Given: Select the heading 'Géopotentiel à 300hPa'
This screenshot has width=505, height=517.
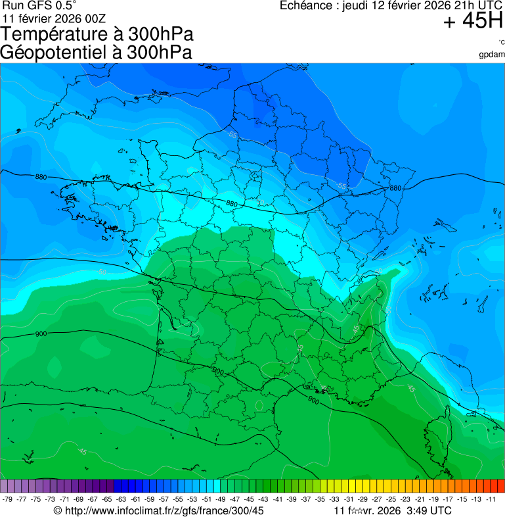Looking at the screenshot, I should pos(97,53).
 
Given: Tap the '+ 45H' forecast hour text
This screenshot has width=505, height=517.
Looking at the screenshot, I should pos(473,21).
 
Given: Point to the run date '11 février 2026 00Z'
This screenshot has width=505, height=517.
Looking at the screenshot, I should pos(54,18).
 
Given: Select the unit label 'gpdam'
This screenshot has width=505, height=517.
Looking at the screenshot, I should pos(492,55).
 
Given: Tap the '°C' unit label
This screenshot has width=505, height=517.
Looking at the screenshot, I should pos(500,43).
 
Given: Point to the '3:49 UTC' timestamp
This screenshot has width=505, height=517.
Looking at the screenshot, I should pos(429,510).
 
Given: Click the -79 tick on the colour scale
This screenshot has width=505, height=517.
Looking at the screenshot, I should pos(8,499).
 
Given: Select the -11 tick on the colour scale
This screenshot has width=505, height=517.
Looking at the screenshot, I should pos(491,499).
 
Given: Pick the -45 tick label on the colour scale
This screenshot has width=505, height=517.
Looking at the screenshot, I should pos(250,499).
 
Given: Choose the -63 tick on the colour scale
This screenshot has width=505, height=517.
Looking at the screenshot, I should pos(121,499).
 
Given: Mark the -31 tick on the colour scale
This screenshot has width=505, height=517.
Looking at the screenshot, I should pos(349,499).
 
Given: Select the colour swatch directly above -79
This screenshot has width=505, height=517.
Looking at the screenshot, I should pos(5,486).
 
